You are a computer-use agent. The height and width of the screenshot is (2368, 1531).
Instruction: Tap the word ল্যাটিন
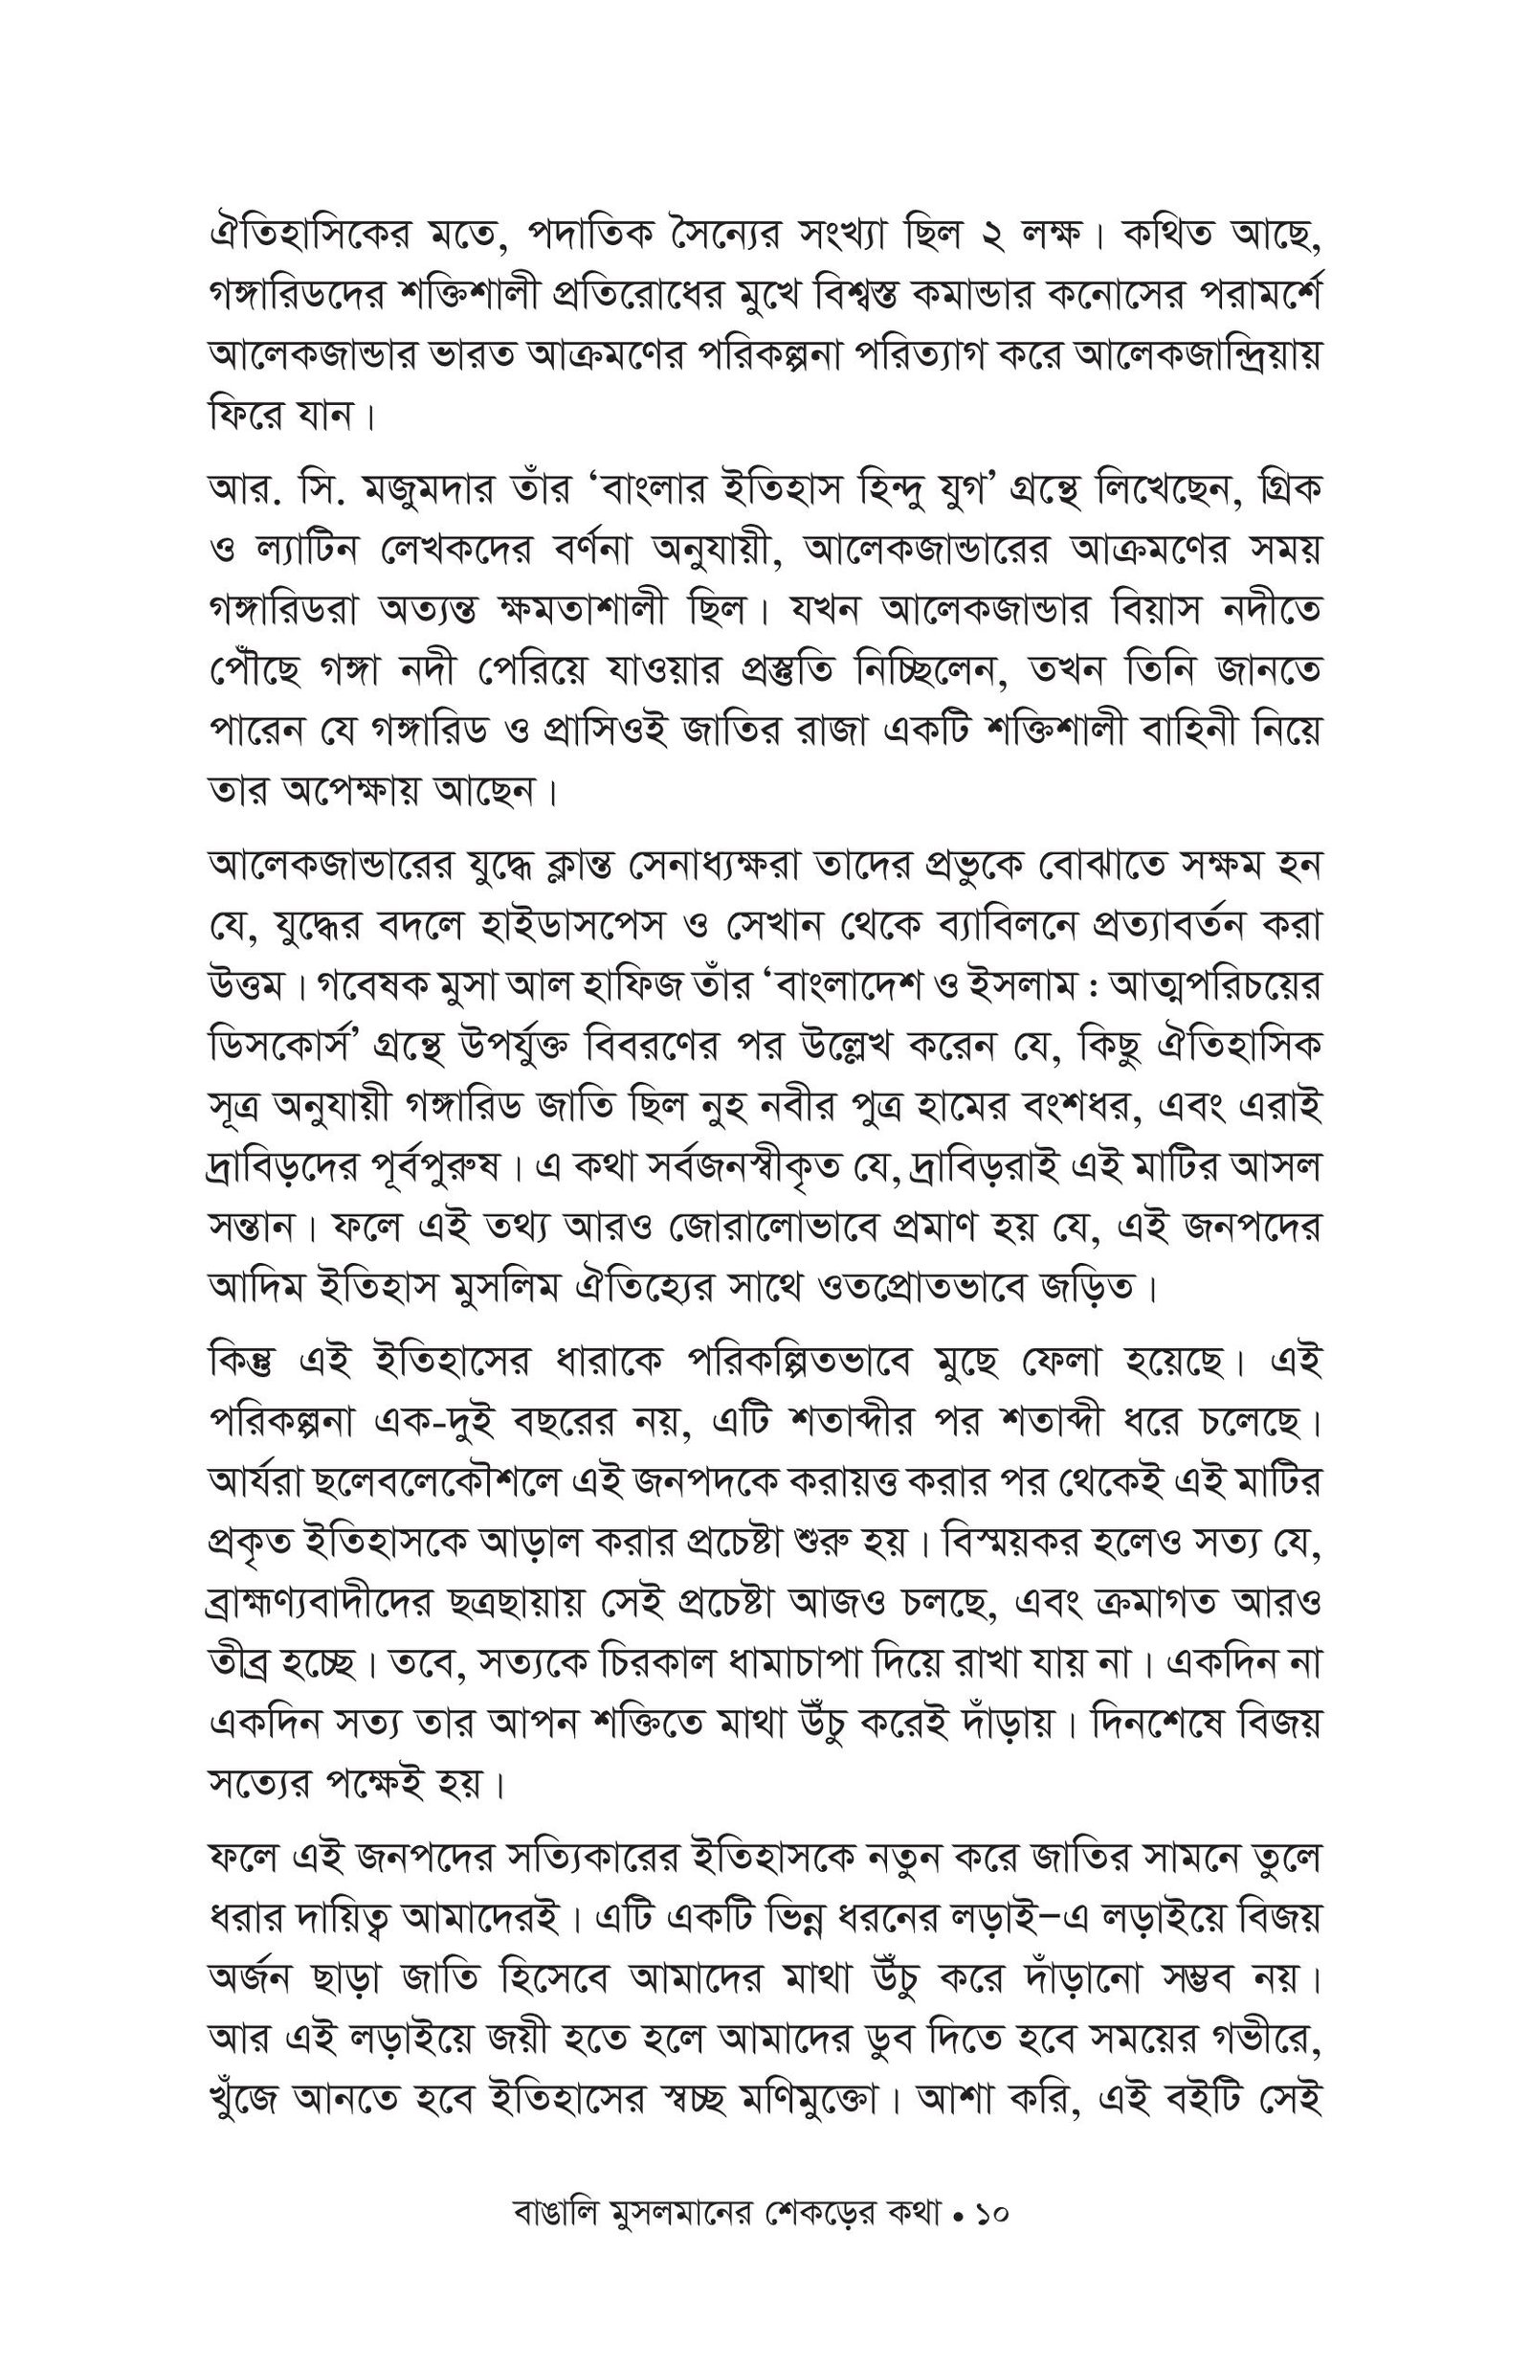[x=307, y=549]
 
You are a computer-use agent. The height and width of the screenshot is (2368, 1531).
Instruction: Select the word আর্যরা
[x=253, y=1483]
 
